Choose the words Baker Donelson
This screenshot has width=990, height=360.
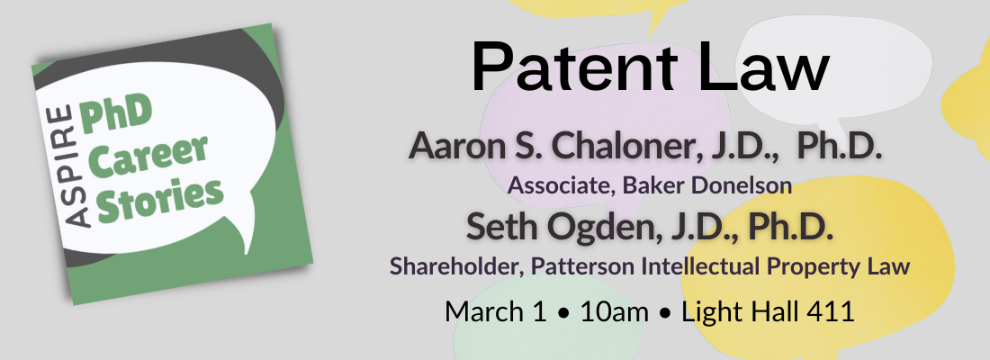[707, 185]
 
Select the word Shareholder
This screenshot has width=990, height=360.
[454, 265]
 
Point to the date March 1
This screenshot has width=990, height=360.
[496, 312]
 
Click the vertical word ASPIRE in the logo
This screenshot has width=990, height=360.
[71, 166]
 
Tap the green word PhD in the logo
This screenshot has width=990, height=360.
[115, 115]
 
